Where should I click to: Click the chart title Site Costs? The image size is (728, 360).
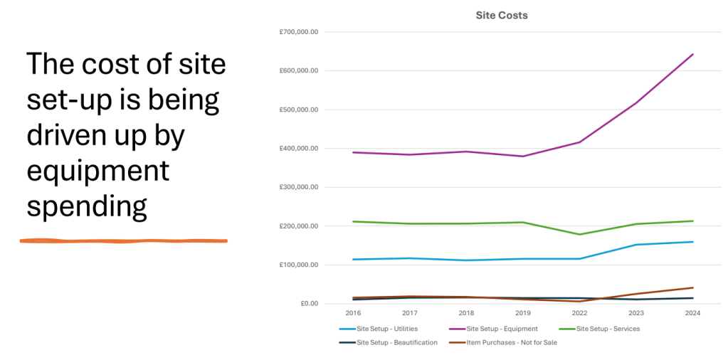click(x=502, y=15)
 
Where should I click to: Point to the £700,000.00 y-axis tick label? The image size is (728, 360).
click(x=299, y=32)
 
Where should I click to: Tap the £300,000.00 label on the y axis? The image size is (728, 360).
click(x=299, y=187)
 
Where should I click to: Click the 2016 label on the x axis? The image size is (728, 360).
click(x=353, y=312)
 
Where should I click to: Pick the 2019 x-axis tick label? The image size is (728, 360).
click(x=522, y=312)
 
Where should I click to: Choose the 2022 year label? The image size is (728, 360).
click(x=579, y=312)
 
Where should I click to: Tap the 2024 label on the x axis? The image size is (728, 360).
click(x=693, y=312)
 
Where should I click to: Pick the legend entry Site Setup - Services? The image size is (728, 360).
click(x=608, y=329)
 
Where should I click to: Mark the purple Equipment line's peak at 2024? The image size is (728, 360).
click(x=693, y=54)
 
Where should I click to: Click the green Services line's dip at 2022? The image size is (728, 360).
click(x=579, y=234)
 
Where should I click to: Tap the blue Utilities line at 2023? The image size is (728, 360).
click(x=636, y=245)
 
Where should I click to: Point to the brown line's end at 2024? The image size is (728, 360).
click(x=693, y=287)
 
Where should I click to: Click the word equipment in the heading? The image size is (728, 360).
click(x=97, y=171)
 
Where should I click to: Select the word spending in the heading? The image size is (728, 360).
click(x=87, y=206)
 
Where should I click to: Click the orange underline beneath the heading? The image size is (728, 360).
click(x=123, y=241)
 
